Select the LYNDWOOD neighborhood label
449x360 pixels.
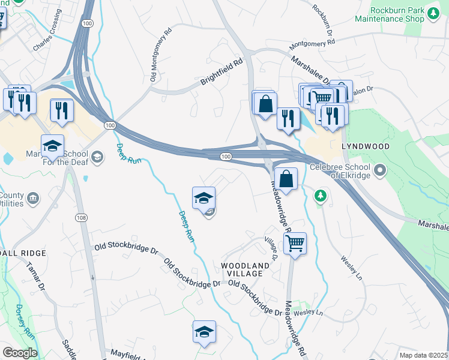click(x=366, y=146)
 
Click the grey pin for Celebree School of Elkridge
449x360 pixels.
click(x=379, y=172)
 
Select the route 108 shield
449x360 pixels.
click(x=80, y=216)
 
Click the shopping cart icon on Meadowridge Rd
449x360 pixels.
click(x=294, y=243)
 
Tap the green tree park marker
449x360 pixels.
click(x=321, y=196)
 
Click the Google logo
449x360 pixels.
click(x=19, y=353)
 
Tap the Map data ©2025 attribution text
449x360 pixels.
click(x=424, y=355)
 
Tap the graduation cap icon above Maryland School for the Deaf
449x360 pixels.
click(x=53, y=145)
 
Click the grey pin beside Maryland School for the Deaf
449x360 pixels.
click(x=98, y=157)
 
